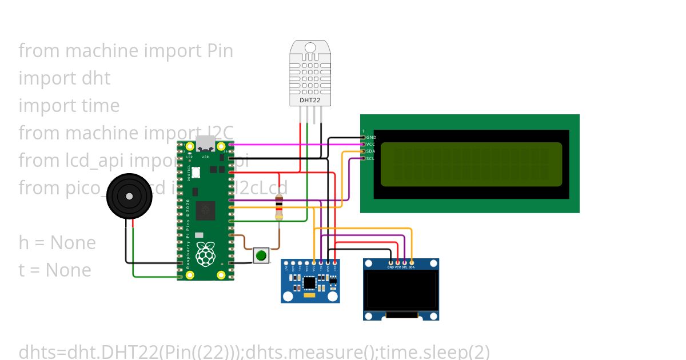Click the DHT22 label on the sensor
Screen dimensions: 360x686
310,100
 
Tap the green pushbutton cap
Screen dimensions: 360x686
261,255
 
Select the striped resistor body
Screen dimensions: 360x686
279,207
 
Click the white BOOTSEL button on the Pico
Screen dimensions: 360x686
196,171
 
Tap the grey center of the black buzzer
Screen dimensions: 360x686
129,196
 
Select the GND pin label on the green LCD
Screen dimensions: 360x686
371,137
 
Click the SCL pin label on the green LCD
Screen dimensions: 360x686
370,158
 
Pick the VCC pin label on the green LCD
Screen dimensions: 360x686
370,144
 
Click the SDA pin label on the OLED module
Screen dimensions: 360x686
412,267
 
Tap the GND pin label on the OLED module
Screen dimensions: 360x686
390,267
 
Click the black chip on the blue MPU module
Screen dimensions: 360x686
310,282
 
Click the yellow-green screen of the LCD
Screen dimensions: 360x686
471,164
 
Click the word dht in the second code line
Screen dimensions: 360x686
96,78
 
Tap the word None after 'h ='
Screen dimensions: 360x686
73,243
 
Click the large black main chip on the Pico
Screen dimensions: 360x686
205,210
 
